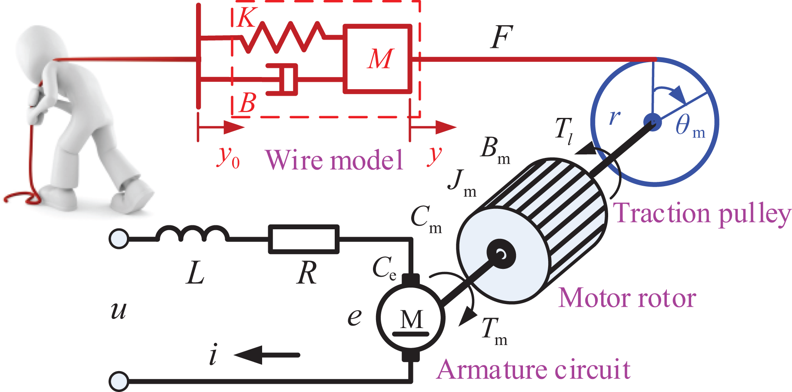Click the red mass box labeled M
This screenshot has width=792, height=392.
[x=377, y=59]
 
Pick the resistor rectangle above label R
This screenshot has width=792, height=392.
[x=304, y=239]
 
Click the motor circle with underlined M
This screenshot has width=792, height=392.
[x=411, y=318]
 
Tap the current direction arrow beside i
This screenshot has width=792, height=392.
[x=267, y=355]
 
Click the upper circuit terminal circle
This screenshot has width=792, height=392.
[x=119, y=239]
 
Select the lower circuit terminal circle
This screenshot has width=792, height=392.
[x=119, y=382]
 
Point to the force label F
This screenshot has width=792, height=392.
[x=502, y=37]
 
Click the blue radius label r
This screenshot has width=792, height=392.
[x=615, y=117]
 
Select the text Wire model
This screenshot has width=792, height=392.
[x=334, y=160]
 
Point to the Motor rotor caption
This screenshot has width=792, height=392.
[x=627, y=298]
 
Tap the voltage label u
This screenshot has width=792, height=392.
[x=118, y=310]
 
